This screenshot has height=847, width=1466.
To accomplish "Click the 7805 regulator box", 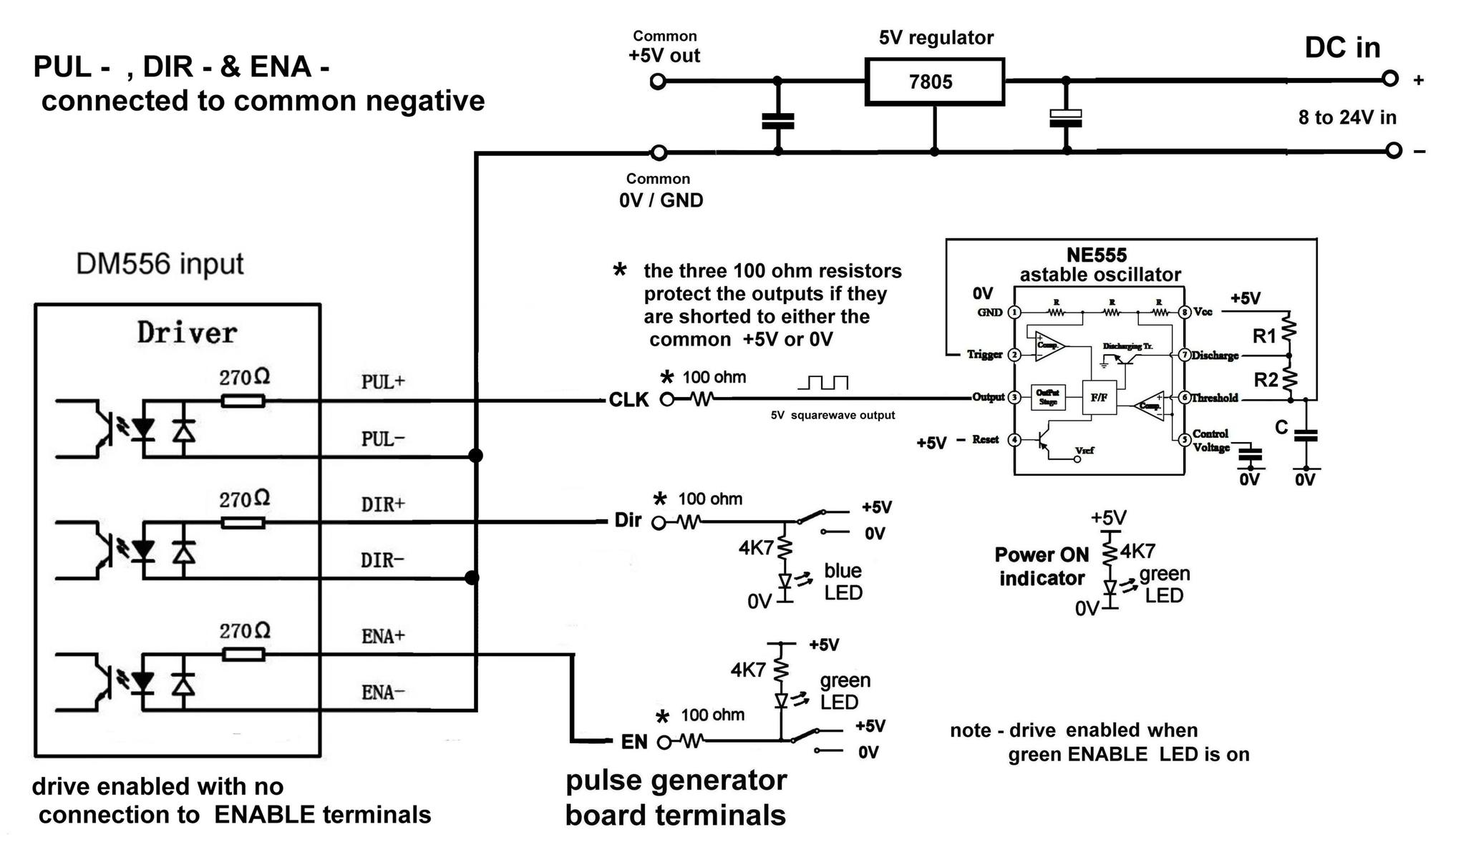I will pos(934,82).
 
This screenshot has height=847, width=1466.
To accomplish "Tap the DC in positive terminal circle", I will pos(1389,79).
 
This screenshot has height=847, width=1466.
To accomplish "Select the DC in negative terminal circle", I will pos(1393,150).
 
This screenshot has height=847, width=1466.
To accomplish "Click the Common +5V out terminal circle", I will pos(658,82).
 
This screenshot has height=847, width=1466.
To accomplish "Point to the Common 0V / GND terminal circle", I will pos(659,152).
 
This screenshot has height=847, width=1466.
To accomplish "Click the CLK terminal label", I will pos(628,400).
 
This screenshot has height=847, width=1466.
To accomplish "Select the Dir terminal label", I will pos(628,520).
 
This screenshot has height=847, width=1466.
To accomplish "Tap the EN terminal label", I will pos(634,742).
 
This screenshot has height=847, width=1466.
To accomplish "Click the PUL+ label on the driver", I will pos(383,382).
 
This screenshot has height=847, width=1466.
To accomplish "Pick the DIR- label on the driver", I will pos(382,560).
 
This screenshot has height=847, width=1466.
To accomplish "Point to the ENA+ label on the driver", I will pos(383,636).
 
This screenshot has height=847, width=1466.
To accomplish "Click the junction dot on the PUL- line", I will pos(475,456).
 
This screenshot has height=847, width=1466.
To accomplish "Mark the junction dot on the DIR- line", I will pos(472,577).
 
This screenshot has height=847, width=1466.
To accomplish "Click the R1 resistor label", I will pos(1264,336).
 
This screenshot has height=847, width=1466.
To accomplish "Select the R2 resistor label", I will pos(1266,379).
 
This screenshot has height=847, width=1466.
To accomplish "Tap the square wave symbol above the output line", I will pos(823,383).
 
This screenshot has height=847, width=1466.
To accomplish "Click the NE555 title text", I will pos(1097,255).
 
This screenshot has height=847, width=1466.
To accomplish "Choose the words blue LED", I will pos(843,582).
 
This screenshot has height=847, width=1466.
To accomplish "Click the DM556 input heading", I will pos(160,264).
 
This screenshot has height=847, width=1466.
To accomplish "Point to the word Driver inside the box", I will pos(187,333).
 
